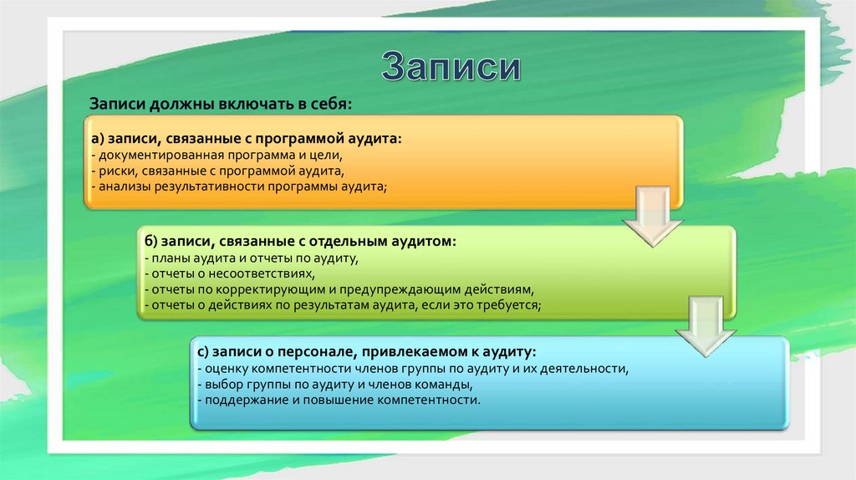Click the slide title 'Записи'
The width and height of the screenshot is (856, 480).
(x=451, y=68)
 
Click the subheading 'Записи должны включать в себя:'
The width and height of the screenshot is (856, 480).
(x=222, y=103)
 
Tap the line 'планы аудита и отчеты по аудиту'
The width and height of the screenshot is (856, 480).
(x=251, y=258)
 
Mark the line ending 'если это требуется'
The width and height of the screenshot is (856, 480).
(x=343, y=306)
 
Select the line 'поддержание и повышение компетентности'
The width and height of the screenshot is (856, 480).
(x=339, y=401)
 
